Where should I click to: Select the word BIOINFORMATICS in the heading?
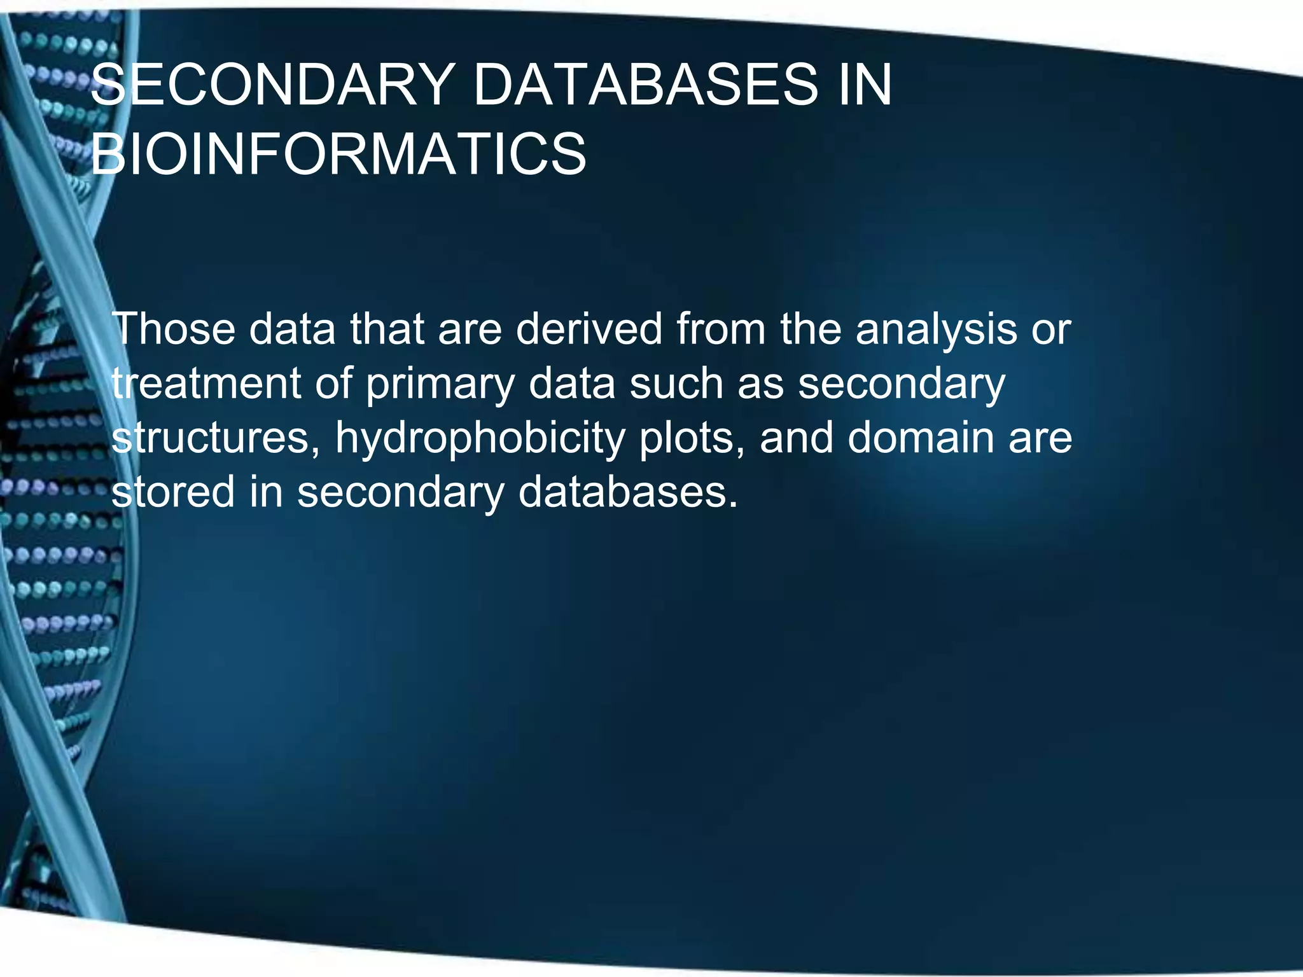coord(338,155)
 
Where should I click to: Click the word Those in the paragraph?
coord(173,329)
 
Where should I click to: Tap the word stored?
coord(172,492)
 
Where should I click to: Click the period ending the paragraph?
coord(734,505)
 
